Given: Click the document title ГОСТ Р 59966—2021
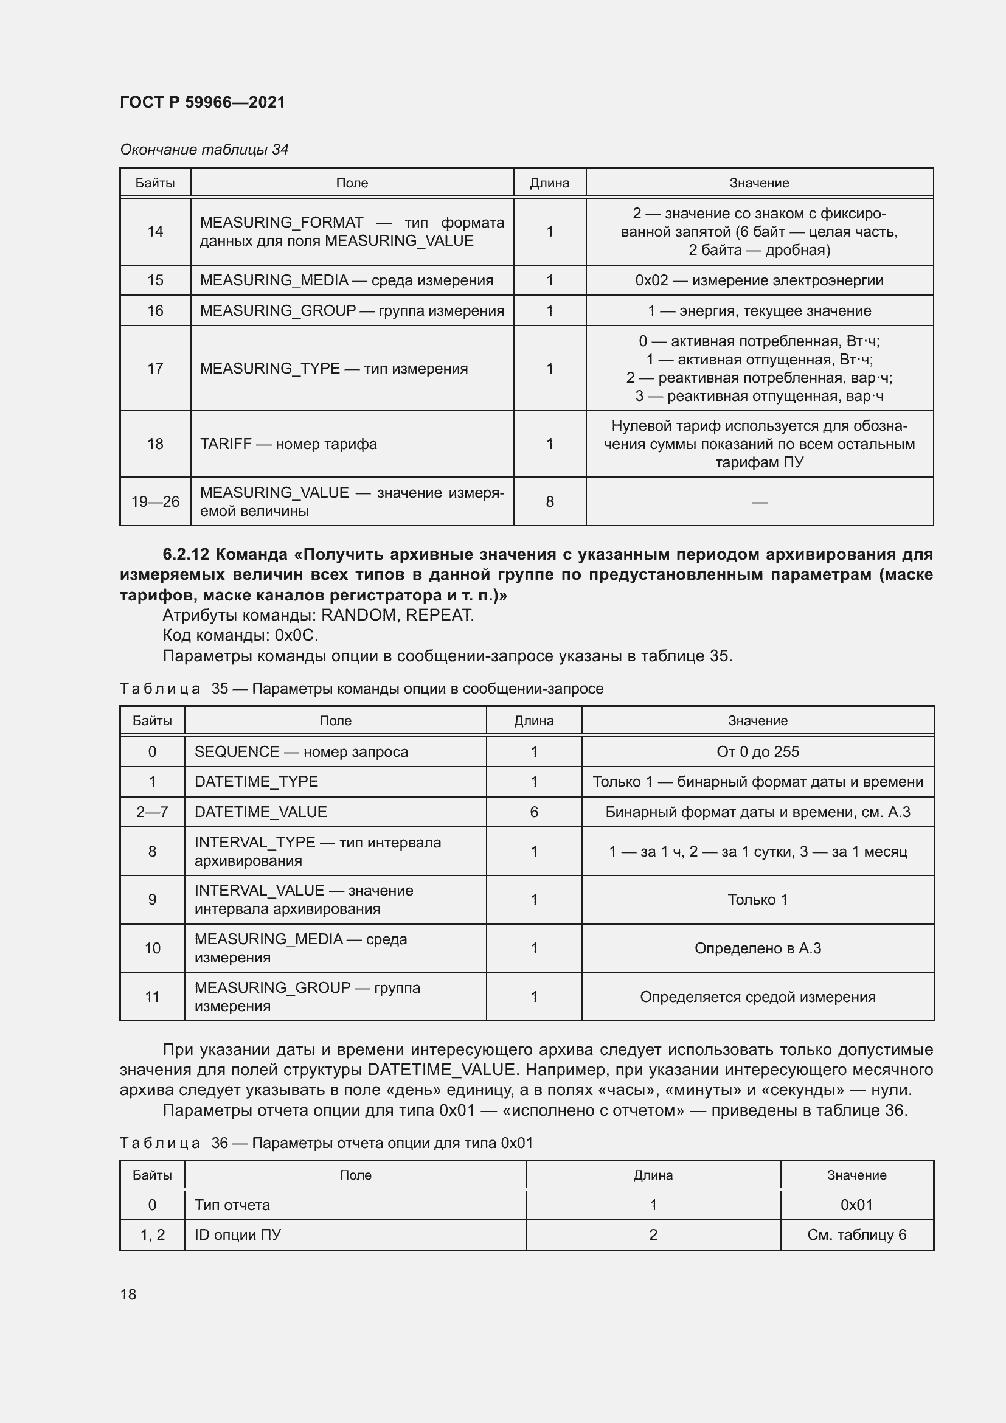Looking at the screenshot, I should click(203, 102).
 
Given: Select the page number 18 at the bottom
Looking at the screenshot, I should click(128, 1294).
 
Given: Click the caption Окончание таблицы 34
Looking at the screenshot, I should click(204, 150).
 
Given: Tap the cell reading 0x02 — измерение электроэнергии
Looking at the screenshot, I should click(759, 280).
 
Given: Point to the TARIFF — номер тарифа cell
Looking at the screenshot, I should click(288, 444).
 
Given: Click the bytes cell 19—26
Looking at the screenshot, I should click(155, 501).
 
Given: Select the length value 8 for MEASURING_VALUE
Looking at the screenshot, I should click(549, 501).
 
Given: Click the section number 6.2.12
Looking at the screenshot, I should click(186, 554).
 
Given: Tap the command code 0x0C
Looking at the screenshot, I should click(296, 635).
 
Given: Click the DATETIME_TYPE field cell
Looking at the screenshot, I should click(256, 782).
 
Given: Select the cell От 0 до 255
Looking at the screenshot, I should click(758, 752).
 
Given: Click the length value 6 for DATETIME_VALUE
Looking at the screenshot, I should click(534, 812).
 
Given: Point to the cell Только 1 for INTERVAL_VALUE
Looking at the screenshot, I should click(758, 899).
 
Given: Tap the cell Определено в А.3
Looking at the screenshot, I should click(758, 948).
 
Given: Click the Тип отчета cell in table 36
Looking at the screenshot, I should click(232, 1205).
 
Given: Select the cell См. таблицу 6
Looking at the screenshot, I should click(857, 1234).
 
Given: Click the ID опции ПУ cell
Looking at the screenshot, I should click(238, 1234).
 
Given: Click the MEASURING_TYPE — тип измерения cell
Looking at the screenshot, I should click(333, 368).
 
